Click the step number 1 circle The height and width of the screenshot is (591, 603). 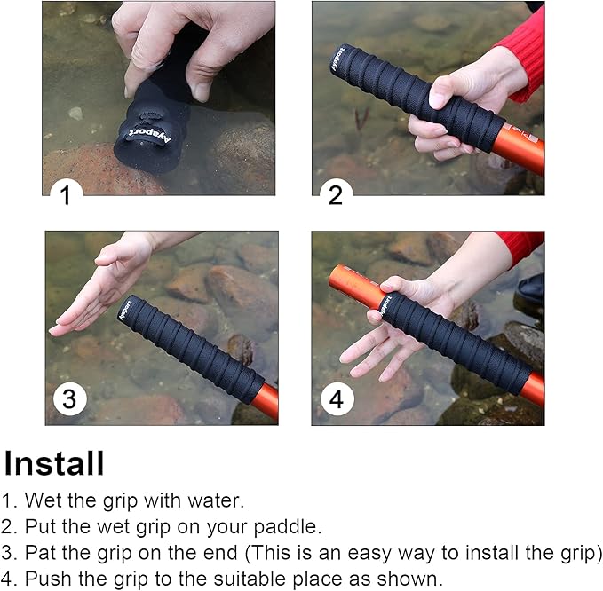[x=65, y=194]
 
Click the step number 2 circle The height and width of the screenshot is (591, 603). [x=335, y=194]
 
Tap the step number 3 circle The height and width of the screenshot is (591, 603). [x=69, y=399]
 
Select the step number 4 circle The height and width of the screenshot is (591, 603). [x=335, y=399]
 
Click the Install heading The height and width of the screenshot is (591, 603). [x=54, y=463]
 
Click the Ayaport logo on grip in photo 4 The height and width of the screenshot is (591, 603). [x=385, y=303]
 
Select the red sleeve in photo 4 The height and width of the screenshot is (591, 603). [x=520, y=243]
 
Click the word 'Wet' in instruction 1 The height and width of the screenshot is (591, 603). [x=41, y=500]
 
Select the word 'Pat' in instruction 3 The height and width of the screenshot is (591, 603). [x=39, y=552]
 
